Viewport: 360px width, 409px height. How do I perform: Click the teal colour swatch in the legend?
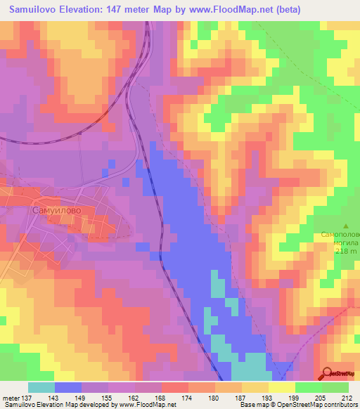coord(41,387)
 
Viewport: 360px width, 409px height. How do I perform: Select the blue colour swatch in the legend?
coord(68,387)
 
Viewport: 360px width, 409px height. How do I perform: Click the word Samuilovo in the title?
coord(34,10)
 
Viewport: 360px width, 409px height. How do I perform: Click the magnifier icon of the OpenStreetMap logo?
coord(326,373)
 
